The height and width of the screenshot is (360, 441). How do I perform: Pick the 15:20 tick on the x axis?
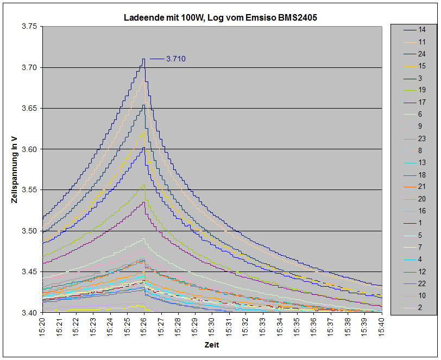[43, 325]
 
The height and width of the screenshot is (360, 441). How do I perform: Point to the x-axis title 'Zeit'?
[212, 345]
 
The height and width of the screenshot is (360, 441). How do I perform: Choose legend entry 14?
[421, 29]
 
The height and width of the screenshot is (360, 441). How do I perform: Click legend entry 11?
[421, 41]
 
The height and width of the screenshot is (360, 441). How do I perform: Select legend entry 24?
[421, 54]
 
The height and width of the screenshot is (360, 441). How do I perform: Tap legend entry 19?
[421, 90]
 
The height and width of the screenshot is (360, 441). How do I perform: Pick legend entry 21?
[421, 187]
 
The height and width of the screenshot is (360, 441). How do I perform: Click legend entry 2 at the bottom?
[421, 308]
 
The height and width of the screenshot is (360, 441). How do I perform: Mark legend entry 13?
[421, 162]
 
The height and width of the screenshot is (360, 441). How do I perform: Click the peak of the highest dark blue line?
[144, 59]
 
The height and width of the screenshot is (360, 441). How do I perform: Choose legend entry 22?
[421, 283]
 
